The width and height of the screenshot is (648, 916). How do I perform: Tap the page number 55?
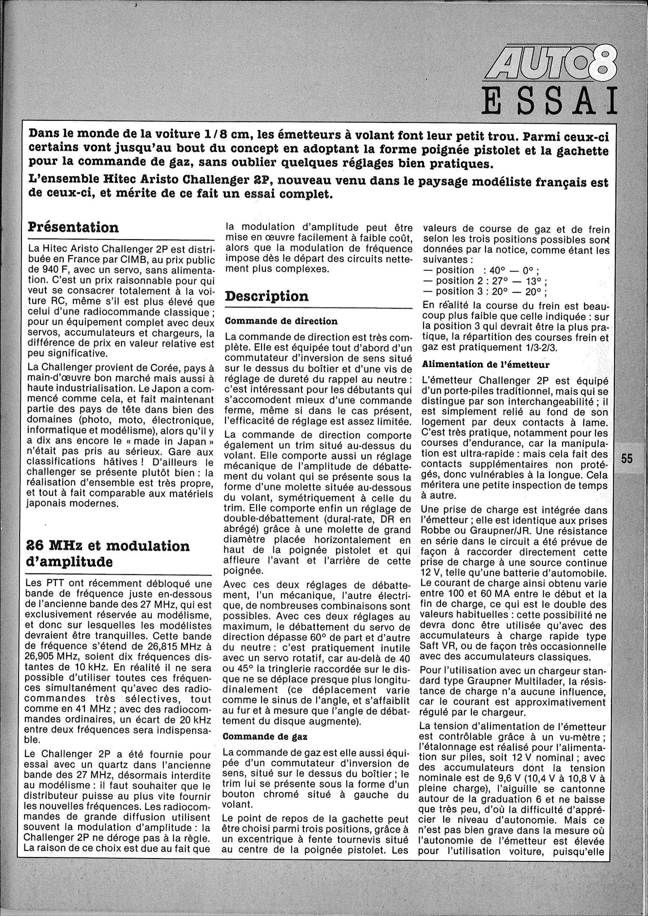[626, 459]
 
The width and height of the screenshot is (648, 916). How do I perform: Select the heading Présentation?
[73, 227]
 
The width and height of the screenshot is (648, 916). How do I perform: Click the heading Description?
[267, 296]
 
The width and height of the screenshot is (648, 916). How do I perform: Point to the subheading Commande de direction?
[281, 321]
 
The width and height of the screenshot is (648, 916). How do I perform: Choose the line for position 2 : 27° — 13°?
[486, 281]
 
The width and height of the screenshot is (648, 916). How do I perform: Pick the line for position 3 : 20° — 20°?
[486, 292]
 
